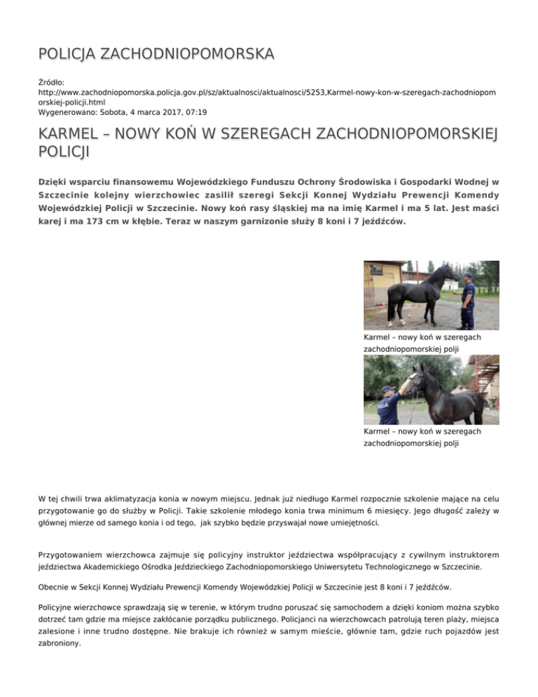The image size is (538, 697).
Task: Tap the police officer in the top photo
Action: pos(467,302)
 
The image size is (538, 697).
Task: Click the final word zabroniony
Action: pos(63,649)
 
